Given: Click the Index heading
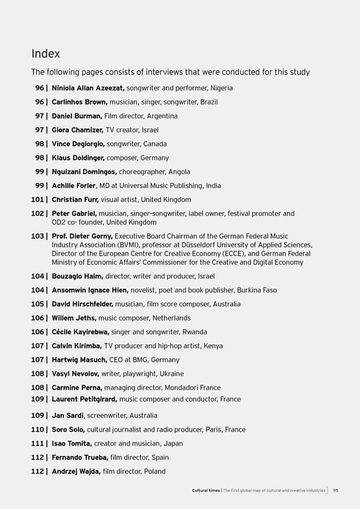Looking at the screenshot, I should pos(46,53).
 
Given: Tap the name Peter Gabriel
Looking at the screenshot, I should pos(74,214).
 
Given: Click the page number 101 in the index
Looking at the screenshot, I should pos(38,200).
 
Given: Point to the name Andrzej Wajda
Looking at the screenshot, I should pos(76,472).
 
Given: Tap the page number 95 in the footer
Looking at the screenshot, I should pos(337,491).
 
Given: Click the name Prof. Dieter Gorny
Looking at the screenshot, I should pos(82,236).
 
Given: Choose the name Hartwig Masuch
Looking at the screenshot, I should pos(78,360).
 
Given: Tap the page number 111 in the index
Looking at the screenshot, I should pos(38,444).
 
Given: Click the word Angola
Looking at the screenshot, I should pos(179,172).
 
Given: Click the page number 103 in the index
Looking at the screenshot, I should pos(38,236).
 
